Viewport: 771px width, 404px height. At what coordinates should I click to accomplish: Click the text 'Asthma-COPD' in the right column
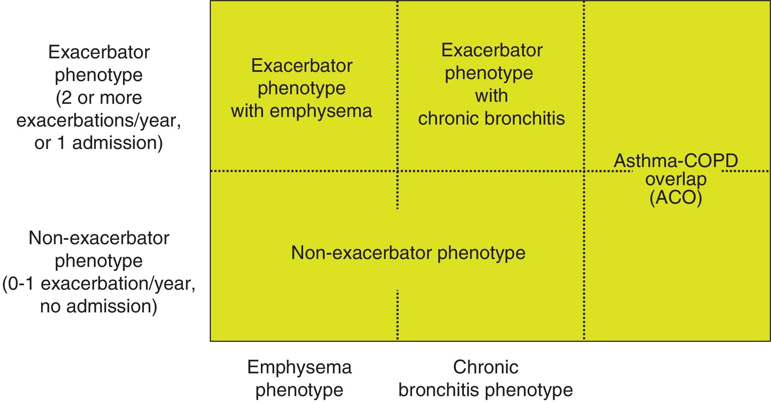[676, 161]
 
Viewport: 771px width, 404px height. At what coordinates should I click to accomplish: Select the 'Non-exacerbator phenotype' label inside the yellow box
[408, 253]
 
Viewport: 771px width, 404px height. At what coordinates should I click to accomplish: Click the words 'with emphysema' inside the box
[301, 111]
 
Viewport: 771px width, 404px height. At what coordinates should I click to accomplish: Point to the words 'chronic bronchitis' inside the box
[491, 118]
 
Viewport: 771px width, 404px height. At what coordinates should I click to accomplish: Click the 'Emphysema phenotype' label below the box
[300, 378]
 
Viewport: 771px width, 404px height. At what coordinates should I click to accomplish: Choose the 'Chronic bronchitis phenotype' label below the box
[486, 378]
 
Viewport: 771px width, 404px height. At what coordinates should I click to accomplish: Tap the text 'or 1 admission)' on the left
[99, 143]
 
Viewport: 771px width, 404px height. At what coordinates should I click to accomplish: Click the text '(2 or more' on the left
[99, 98]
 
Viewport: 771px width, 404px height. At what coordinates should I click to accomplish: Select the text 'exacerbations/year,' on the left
[99, 120]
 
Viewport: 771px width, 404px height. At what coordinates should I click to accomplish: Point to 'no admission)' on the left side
[99, 306]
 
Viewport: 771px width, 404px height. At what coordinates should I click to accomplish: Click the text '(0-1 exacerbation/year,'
[99, 283]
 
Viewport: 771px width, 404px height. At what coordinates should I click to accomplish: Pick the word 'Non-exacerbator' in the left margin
[99, 238]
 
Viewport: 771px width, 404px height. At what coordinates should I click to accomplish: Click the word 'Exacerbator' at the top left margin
[99, 52]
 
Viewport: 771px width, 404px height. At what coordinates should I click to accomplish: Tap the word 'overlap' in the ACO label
[676, 179]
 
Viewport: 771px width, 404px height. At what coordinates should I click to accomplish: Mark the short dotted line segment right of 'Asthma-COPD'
[745, 171]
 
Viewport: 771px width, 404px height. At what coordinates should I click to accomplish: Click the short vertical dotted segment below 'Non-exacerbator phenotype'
[398, 315]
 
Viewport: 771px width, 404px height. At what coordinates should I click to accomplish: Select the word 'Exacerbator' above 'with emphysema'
[301, 66]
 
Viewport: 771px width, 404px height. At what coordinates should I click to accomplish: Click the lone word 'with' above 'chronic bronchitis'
[491, 96]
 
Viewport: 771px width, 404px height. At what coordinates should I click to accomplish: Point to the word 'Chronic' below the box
[486, 367]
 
